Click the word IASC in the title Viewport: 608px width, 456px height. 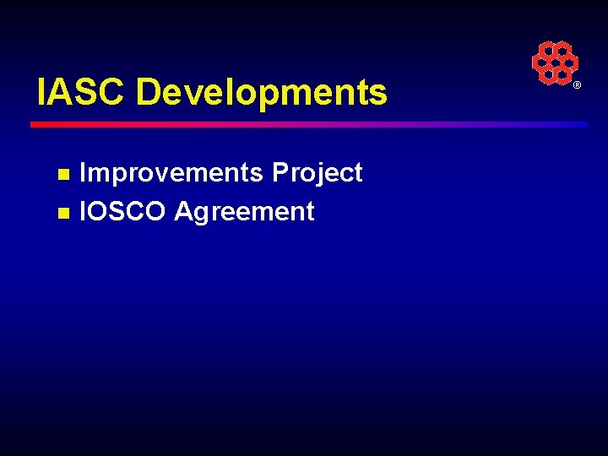[x=81, y=92]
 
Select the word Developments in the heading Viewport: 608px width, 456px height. [x=261, y=92]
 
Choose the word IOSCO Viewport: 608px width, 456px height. [x=122, y=211]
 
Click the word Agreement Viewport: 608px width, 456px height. [x=244, y=211]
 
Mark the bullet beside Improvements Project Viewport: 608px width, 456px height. [x=62, y=175]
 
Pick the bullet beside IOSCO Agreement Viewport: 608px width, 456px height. [x=62, y=213]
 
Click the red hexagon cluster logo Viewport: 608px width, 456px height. [x=555, y=62]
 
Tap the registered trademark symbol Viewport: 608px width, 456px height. [x=578, y=86]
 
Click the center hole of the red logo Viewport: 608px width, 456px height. [x=555, y=62]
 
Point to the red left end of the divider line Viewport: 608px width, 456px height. [x=38, y=124]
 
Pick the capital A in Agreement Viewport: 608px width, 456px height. [x=183, y=211]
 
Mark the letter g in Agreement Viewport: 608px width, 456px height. [x=204, y=213]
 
